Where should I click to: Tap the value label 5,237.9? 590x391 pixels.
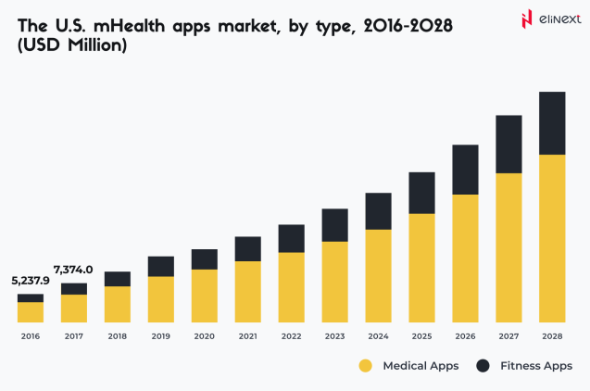tap(31, 281)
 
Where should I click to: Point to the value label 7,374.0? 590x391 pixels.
tap(74, 270)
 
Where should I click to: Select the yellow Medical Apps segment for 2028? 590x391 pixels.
tap(552, 240)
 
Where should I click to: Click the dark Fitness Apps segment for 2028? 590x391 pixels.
tap(552, 123)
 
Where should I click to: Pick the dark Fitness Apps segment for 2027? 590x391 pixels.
tap(508, 145)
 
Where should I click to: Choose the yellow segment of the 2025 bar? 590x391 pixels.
tap(421, 270)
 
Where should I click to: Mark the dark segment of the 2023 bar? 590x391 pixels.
tap(334, 225)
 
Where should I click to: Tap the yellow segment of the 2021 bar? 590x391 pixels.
tap(247, 293)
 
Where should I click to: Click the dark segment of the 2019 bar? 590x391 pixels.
tap(161, 267)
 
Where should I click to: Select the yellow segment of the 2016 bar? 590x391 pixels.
tap(31, 313)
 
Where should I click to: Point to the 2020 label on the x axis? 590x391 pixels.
tap(204, 336)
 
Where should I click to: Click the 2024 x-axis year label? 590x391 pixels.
tap(378, 336)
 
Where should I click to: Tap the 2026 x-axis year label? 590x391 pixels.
tap(465, 336)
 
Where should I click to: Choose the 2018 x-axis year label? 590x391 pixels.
tap(118, 336)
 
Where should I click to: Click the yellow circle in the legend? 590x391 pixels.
tap(366, 366)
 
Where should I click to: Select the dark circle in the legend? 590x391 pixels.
tap(483, 366)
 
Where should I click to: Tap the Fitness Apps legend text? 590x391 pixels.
tap(536, 366)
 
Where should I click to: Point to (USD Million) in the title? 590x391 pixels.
tap(71, 46)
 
